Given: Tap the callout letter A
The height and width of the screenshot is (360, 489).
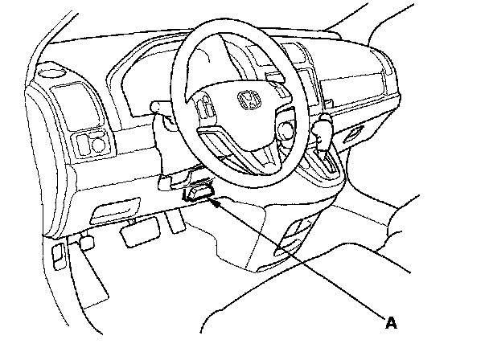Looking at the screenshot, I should click(391, 323).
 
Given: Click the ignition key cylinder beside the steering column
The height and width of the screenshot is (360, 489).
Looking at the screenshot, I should click(286, 129).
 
